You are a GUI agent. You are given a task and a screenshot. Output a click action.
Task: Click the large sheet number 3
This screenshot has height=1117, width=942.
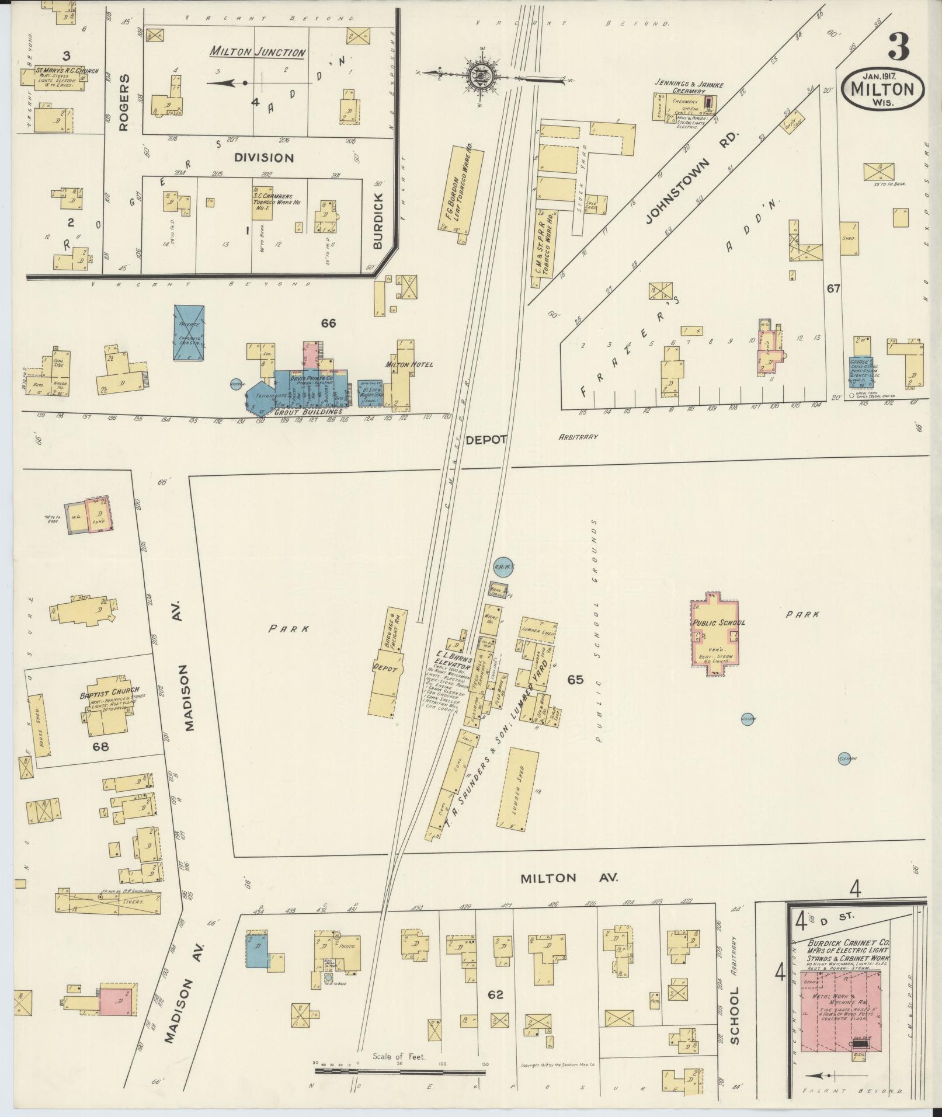click(x=898, y=46)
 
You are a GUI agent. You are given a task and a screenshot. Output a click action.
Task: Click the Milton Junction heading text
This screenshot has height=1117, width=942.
click(x=258, y=53)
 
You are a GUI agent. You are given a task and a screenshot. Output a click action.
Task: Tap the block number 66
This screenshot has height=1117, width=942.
click(x=329, y=322)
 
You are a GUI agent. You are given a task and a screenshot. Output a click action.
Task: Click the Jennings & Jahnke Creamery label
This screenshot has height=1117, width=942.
click(x=689, y=88)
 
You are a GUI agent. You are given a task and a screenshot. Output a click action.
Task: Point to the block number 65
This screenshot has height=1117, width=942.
click(x=575, y=679)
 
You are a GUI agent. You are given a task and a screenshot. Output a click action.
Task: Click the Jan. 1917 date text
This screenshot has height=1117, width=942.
click(x=882, y=74)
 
